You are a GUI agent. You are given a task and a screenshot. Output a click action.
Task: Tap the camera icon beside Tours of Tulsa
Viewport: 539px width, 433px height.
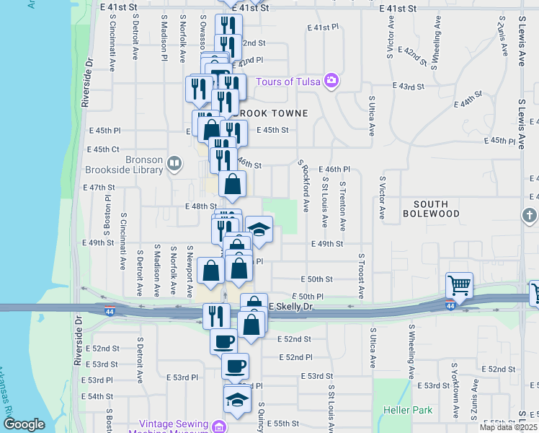click(x=331, y=80)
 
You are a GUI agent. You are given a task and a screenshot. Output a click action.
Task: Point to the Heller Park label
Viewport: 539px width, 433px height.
click(x=408, y=410)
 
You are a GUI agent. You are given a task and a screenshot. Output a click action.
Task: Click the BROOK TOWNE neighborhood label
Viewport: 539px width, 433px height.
click(x=272, y=113)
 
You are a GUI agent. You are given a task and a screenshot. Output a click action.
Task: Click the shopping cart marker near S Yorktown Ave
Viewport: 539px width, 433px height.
click(x=458, y=287)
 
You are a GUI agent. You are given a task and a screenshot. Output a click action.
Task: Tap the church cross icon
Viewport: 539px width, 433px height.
click(x=529, y=215)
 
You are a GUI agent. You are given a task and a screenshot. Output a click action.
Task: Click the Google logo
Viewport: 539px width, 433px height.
click(x=24, y=424)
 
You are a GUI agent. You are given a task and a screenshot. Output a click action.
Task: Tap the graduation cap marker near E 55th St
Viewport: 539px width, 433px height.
click(x=236, y=399)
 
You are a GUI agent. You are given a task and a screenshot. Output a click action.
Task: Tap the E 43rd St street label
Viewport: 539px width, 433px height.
click(x=409, y=86)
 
